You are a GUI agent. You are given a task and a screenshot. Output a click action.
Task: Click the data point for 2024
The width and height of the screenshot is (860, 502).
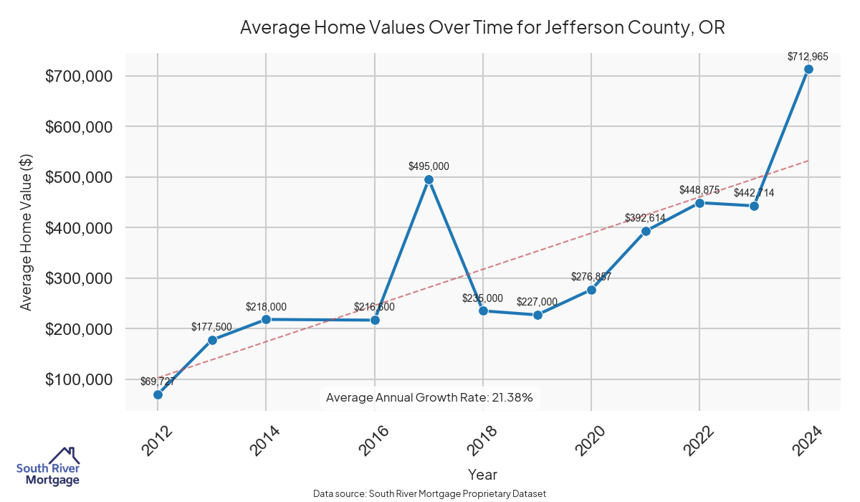click(x=808, y=69)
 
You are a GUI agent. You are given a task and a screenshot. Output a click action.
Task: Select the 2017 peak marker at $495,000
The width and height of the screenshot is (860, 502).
click(x=429, y=179)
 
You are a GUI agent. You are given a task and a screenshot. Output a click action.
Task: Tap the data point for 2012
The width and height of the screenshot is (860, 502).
click(x=158, y=394)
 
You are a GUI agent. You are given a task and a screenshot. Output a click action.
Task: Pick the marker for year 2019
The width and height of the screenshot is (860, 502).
click(x=537, y=315)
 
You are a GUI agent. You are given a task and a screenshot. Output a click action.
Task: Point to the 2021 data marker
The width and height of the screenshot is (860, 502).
click(x=646, y=231)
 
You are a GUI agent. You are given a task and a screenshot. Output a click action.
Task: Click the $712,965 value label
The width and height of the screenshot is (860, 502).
click(x=808, y=56)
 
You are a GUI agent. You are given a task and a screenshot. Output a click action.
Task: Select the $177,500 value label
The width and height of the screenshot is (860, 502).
click(x=211, y=327)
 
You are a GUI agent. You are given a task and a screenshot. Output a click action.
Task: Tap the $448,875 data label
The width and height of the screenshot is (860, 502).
click(x=699, y=190)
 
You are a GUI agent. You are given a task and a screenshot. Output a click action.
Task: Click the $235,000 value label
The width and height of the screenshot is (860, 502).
click(x=482, y=298)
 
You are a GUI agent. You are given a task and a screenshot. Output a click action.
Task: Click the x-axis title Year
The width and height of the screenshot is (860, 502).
click(x=482, y=474)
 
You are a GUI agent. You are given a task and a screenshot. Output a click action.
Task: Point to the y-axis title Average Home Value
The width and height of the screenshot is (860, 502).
click(x=26, y=232)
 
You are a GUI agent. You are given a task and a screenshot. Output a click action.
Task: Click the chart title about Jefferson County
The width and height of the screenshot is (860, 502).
click(x=482, y=28)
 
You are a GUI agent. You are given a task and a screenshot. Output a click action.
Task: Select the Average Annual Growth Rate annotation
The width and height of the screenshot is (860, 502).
click(x=429, y=397)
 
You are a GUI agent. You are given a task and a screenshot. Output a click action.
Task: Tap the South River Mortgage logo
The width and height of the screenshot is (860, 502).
click(x=48, y=467)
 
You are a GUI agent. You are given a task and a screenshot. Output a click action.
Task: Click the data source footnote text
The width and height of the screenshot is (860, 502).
click(x=430, y=494)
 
